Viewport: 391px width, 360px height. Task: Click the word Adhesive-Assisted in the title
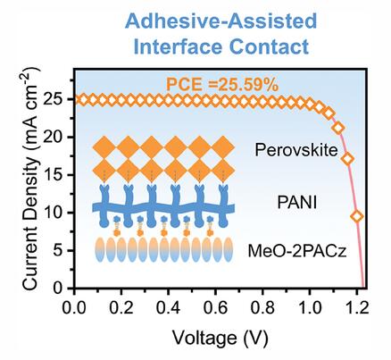click(221, 21)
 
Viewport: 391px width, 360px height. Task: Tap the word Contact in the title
click(270, 46)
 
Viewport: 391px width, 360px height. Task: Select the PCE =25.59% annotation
click(222, 85)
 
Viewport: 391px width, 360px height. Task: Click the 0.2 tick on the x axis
click(121, 308)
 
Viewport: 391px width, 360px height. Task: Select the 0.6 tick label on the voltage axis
click(215, 308)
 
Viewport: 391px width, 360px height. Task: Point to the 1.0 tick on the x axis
click(310, 308)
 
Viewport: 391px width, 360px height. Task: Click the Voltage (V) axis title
click(220, 339)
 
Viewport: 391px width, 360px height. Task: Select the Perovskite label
click(296, 150)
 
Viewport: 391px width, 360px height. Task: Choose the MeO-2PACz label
click(297, 251)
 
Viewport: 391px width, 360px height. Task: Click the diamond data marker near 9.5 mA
click(357, 216)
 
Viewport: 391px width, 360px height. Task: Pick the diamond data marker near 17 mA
click(347, 159)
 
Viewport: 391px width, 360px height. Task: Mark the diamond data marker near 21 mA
click(338, 129)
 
